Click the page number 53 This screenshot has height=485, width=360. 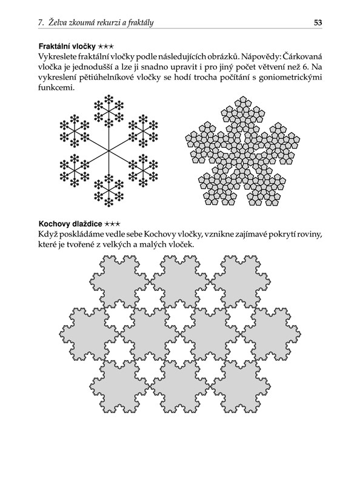(x=318, y=22)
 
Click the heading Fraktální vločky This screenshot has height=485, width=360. (x=67, y=47)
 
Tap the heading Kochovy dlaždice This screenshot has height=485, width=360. (x=70, y=224)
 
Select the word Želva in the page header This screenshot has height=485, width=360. (x=57, y=22)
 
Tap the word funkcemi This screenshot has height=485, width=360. (x=56, y=87)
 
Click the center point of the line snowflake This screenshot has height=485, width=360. (x=108, y=150)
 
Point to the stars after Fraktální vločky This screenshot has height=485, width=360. (x=106, y=47)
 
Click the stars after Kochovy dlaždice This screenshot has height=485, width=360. (x=113, y=224)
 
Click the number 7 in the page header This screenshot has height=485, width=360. (x=41, y=23)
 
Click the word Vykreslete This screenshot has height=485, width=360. (x=56, y=56)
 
